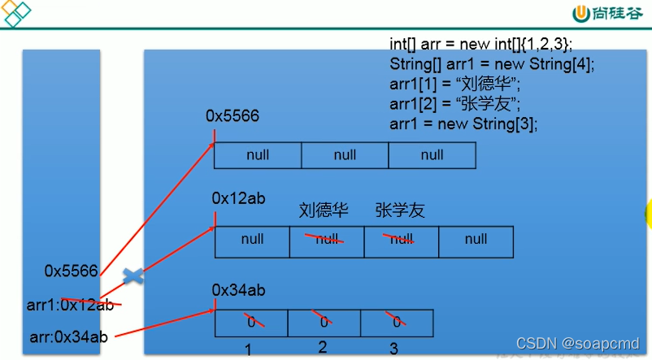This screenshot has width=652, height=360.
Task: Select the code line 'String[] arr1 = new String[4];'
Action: (x=492, y=63)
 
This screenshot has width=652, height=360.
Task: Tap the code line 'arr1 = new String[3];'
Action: (x=463, y=124)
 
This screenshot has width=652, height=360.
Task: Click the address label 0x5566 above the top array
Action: (x=233, y=116)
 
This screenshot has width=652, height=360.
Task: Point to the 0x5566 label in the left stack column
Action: (x=71, y=271)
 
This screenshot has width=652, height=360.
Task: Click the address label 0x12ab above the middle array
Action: (x=238, y=197)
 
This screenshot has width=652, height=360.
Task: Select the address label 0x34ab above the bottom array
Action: (x=238, y=289)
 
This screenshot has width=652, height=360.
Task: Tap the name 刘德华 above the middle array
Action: (x=324, y=210)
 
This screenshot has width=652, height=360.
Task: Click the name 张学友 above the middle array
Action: (x=400, y=210)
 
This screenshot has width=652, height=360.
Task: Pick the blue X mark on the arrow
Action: (x=133, y=276)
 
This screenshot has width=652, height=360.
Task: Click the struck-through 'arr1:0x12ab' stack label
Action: (x=70, y=306)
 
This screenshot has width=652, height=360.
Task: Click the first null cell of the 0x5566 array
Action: (x=258, y=155)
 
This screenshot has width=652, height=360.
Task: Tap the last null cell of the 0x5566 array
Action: (x=432, y=155)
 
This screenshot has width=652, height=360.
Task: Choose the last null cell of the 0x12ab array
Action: (x=476, y=240)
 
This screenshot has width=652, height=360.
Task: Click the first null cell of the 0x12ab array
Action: (x=252, y=240)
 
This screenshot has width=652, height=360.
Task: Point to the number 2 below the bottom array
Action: (x=323, y=347)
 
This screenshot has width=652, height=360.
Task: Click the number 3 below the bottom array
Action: (x=394, y=349)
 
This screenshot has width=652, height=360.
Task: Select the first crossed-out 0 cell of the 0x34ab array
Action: (x=251, y=322)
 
